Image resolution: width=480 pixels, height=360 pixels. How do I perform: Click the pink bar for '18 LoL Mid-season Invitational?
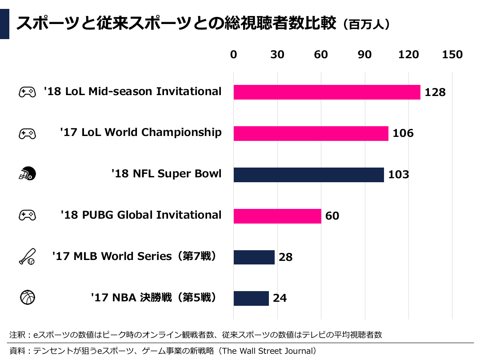tap(327, 92)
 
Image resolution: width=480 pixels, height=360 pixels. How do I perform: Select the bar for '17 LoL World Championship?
tap(311, 133)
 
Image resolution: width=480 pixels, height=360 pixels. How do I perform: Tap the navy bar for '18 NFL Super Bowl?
tap(308, 175)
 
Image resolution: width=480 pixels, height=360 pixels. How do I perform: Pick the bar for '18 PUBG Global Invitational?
tap(277, 216)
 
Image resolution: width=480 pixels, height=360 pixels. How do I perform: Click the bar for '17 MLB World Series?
tap(254, 257)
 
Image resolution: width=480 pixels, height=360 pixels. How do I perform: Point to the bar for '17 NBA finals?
tap(251, 298)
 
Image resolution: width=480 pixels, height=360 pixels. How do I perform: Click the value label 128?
tap(435, 92)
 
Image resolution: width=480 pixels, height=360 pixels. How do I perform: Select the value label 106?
tap(403, 133)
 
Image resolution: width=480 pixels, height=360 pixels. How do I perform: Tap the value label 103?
tap(398, 175)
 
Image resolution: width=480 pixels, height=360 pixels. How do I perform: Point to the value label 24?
tap(280, 298)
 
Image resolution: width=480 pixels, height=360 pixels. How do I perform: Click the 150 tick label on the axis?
tap(452, 55)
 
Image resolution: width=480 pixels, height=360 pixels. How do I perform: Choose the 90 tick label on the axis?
tap(364, 55)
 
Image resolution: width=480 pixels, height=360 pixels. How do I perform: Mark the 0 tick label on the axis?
tap(234, 55)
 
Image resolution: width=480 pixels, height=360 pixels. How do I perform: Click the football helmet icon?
tap(27, 174)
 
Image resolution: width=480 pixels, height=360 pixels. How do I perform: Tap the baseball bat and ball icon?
tap(27, 256)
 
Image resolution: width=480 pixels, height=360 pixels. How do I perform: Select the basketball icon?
tap(27, 297)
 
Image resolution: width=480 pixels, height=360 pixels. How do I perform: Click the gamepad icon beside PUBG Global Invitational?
tap(27, 216)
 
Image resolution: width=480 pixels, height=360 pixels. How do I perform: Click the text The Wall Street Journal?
tap(268, 351)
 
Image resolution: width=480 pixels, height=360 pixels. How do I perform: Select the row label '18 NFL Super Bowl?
tap(166, 173)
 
